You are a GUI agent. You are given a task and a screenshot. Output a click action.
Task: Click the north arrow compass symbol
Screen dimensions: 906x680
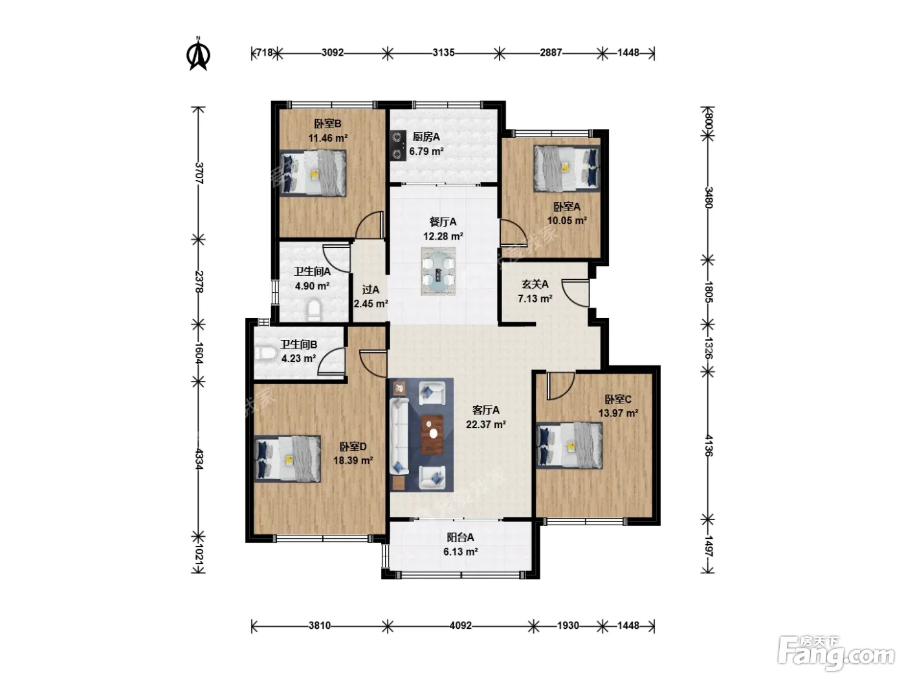199,54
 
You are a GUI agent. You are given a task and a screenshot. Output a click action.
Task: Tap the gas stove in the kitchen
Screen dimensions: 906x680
397,145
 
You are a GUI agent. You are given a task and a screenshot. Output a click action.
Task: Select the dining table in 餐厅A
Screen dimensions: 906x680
438,271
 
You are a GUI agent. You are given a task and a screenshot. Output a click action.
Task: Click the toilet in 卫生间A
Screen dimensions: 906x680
315,310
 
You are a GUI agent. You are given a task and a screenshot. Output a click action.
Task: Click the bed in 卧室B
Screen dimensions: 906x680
313,173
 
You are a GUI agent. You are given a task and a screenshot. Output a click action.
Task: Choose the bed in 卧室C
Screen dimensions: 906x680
569,446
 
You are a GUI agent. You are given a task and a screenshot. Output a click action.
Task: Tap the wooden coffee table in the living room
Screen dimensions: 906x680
432,434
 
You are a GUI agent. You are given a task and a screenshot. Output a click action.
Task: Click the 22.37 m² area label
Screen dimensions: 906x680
486,424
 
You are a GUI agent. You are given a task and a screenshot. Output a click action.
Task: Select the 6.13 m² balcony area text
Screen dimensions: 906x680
460,552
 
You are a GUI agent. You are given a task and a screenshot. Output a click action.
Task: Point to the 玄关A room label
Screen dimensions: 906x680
535,284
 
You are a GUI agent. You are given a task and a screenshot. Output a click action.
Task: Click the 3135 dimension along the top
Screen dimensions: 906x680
443,53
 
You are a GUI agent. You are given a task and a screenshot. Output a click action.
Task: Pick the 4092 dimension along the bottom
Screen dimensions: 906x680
460,626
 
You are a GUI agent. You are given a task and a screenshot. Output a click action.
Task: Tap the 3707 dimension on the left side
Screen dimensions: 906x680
199,173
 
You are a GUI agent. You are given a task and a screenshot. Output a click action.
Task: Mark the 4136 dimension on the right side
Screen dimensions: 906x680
708,445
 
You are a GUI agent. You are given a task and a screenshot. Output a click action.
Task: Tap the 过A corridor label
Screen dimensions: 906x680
370,290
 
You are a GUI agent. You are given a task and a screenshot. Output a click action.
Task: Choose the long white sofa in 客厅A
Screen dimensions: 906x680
399,436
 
